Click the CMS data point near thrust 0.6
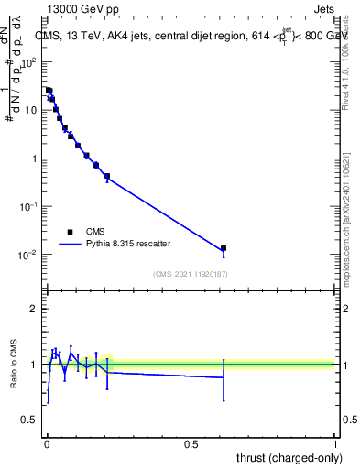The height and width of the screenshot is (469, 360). (224, 248)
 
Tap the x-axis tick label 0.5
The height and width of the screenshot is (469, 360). (191, 442)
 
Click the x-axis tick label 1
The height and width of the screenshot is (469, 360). (335, 442)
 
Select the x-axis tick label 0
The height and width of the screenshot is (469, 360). (47, 442)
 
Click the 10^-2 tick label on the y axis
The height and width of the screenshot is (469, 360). (29, 254)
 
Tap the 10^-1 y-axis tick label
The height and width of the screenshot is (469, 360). (29, 206)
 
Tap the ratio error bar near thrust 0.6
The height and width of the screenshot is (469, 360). (224, 377)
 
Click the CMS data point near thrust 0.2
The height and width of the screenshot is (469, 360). (107, 176)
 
